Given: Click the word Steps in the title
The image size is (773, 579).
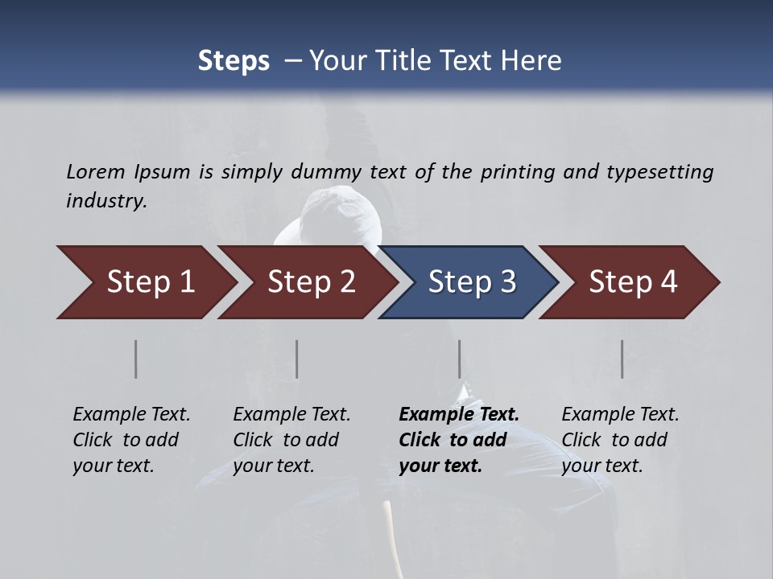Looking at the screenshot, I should (234, 61).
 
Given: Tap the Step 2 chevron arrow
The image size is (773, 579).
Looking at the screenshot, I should (311, 282).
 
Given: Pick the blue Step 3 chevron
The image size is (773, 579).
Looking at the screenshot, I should (472, 282).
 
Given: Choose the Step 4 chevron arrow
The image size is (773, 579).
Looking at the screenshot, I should (633, 282).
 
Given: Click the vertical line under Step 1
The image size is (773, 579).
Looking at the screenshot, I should (136, 359).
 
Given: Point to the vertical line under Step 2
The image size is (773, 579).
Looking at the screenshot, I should (297, 359).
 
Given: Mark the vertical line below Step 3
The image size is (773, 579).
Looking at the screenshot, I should (459, 359).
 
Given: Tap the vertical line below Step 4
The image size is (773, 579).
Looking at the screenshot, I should (622, 359).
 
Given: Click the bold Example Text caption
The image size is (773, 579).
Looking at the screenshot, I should (459, 440).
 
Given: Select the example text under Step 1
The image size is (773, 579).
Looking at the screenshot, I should (131, 440).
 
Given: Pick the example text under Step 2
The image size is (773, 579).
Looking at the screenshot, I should (291, 440).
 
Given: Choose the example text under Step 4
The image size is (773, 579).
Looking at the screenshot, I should (620, 440).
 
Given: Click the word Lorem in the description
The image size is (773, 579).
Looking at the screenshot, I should (96, 172).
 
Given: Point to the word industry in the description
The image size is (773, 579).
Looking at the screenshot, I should (105, 201).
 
